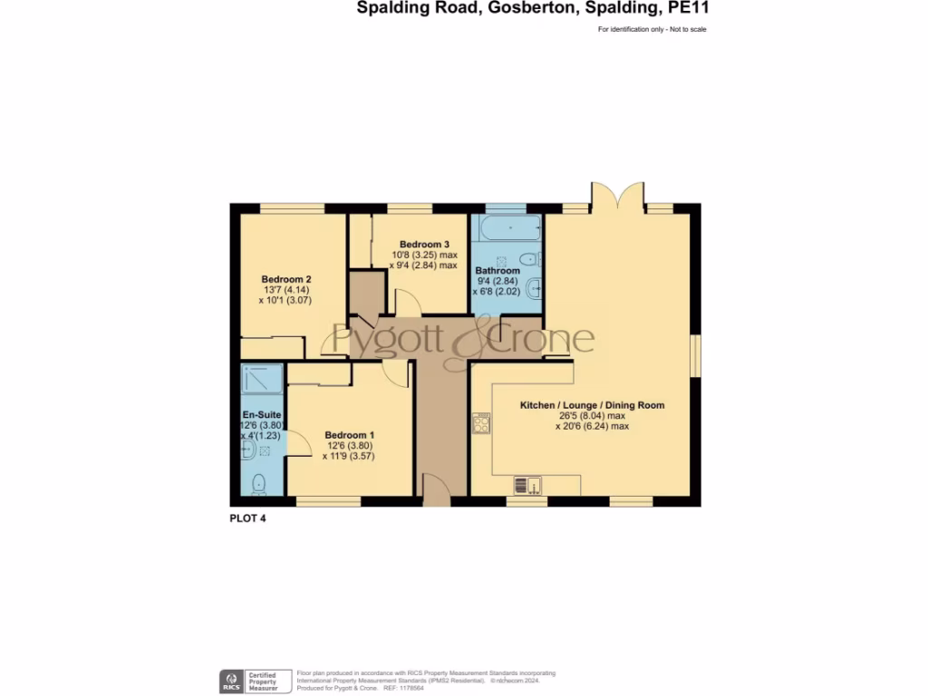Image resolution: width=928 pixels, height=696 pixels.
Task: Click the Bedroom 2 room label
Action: point(286,278)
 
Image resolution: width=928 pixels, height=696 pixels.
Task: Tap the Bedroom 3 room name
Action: point(424,245)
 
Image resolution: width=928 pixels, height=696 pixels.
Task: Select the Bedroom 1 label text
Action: point(350,435)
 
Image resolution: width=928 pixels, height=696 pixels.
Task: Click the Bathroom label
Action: point(498,271)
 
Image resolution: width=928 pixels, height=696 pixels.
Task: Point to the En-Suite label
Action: point(259,414)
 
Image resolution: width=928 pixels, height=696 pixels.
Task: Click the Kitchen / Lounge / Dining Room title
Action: point(591,405)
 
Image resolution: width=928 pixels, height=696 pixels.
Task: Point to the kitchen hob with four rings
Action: point(480,422)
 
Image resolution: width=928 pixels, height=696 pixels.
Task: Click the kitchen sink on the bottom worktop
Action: point(527,485)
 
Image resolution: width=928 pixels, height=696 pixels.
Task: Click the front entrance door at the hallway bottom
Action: point(437,496)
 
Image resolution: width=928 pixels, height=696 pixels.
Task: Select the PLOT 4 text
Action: point(247,519)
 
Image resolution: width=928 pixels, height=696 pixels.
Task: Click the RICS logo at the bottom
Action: point(231,681)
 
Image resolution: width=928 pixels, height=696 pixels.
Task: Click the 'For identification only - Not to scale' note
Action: point(652,30)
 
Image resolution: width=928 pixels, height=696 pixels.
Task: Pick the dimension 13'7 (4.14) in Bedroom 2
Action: point(286,289)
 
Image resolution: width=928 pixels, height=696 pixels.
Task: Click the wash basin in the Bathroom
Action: point(536,290)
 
